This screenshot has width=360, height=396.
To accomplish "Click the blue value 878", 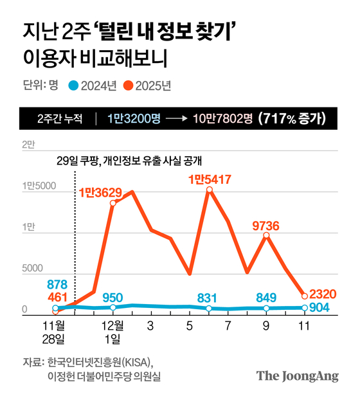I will (57, 284).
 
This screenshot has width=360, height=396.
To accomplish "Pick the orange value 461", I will (57, 296).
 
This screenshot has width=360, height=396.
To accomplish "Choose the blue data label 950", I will (113, 296).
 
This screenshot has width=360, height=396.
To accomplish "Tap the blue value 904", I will (319, 307).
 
